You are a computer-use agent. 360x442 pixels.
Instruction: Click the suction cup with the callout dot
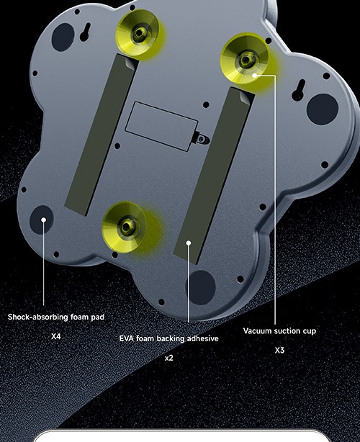click(x=245, y=58)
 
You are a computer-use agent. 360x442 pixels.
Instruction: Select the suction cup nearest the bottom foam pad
click(x=124, y=227)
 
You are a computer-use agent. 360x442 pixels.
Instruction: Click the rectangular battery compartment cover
click(x=161, y=126)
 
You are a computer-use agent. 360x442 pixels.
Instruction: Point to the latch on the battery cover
click(x=202, y=138)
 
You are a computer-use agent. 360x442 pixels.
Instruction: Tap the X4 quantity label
click(x=56, y=336)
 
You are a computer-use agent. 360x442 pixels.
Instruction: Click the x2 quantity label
click(x=168, y=358)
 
